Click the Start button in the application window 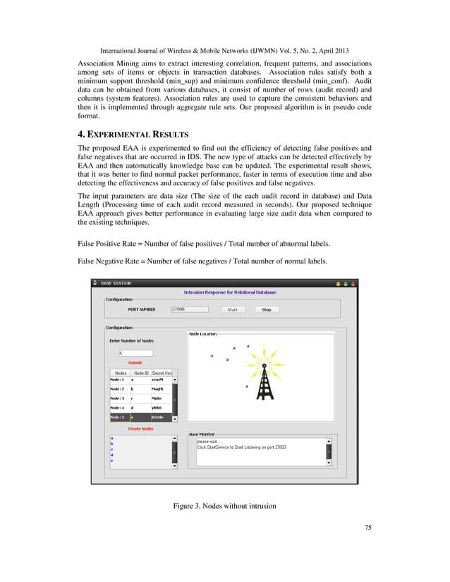pos(232,309)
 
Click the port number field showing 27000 pos(190,309)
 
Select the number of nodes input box pos(135,353)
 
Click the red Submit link pos(135,363)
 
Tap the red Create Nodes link pos(140,428)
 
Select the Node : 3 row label pos(118,398)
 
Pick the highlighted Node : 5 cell pos(118,417)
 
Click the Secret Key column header pos(162,373)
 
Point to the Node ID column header pos(141,373)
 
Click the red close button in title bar pos(354,283)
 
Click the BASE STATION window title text pos(116,283)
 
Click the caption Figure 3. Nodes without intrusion pos(224,506)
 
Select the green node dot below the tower pos(247,387)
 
